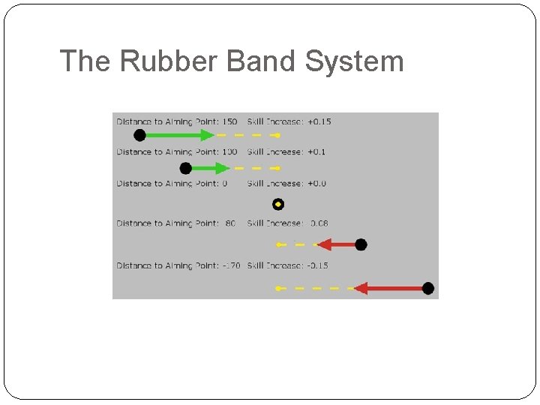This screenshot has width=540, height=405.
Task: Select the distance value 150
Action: click(x=229, y=121)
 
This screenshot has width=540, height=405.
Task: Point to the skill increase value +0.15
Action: click(x=319, y=121)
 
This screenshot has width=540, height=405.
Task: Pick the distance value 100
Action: click(x=229, y=152)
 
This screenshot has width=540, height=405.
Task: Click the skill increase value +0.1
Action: click(x=316, y=152)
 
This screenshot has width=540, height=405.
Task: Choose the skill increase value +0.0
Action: click(x=316, y=184)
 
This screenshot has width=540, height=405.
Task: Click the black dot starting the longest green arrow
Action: click(x=139, y=135)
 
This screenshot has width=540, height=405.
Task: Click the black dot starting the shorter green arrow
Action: click(x=186, y=168)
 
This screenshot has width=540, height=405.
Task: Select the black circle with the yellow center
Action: click(x=278, y=204)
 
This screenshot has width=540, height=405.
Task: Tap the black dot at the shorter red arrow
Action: click(x=361, y=244)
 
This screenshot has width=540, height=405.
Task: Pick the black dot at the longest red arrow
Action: click(x=428, y=288)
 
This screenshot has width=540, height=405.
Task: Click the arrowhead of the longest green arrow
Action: click(x=208, y=135)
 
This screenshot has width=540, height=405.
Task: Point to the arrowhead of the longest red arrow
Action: click(x=361, y=288)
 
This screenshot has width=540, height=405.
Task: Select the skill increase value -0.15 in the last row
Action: click(x=317, y=265)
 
